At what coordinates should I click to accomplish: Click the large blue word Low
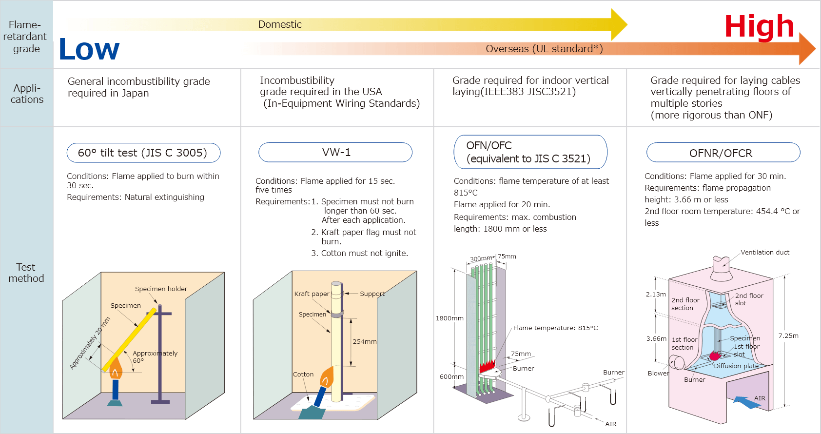tap(89, 49)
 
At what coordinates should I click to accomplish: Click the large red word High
tap(759, 26)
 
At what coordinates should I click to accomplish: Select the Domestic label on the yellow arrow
tap(280, 24)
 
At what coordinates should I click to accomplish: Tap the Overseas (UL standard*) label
tap(544, 49)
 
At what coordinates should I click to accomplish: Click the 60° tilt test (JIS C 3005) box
tap(143, 153)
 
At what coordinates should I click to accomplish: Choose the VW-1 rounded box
tap(335, 152)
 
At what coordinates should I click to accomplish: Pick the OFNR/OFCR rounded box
tap(723, 153)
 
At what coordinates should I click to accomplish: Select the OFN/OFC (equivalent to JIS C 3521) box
tap(530, 152)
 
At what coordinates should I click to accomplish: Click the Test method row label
tap(26, 273)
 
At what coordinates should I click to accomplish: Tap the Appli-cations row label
tap(27, 94)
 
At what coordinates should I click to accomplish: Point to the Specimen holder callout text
tap(161, 289)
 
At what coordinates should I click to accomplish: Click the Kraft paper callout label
tap(312, 294)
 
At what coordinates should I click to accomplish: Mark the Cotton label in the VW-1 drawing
tap(303, 374)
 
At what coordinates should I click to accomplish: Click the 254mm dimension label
tap(365, 341)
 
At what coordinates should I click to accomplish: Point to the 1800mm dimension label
tap(450, 318)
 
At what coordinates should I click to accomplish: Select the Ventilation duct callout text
tap(765, 252)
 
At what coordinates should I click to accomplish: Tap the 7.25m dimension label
tap(788, 335)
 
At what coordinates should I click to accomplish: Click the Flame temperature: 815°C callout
tap(555, 328)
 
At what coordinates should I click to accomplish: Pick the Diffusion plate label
tap(736, 366)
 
